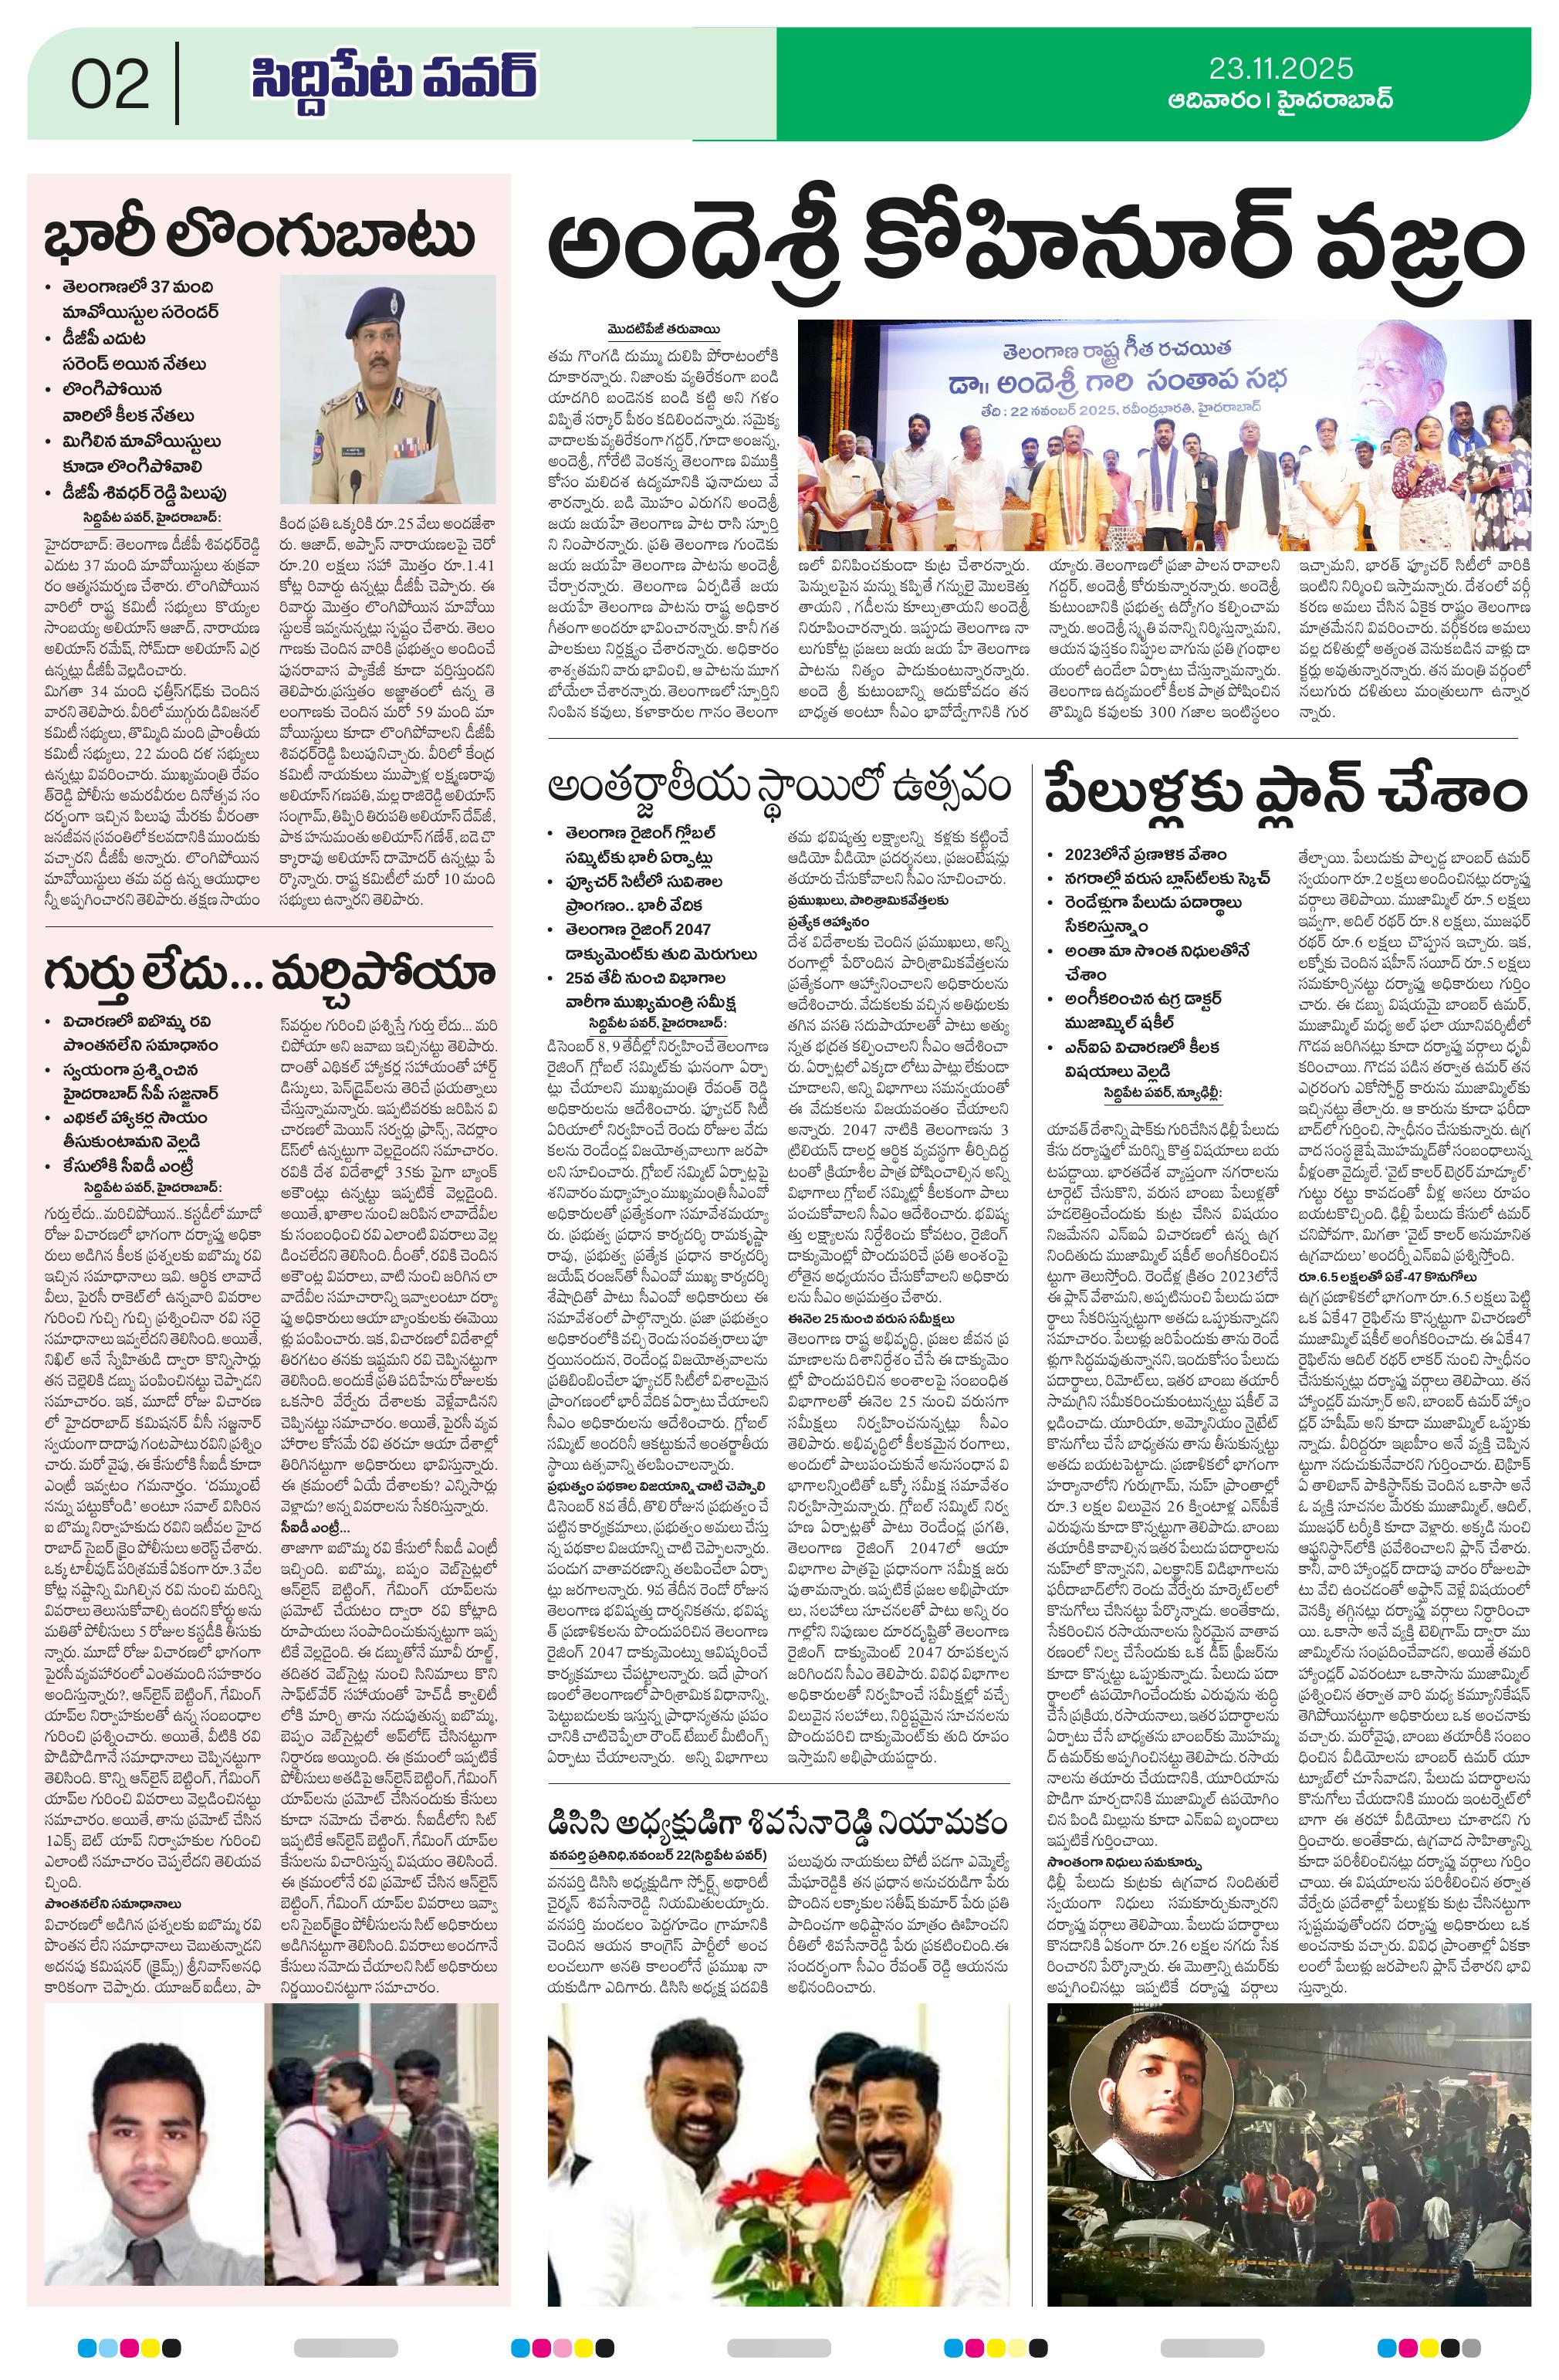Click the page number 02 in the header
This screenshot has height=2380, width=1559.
click(110, 85)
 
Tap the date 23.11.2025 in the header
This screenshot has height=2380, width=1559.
click(1280, 68)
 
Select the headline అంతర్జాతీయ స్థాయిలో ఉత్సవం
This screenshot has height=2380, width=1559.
click(779, 786)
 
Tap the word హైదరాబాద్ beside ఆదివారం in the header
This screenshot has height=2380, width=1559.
click(1335, 101)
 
